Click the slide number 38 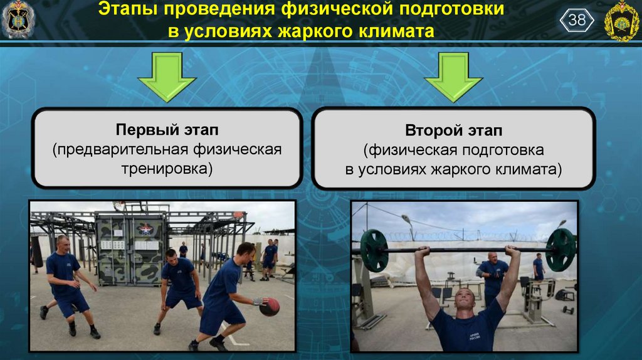click(577, 19)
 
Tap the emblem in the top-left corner click(18, 19)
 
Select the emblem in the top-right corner click(621, 21)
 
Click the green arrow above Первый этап click(167, 77)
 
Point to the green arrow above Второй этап click(453, 77)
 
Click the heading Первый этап click(167, 130)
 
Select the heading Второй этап click(453, 130)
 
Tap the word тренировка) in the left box click(167, 168)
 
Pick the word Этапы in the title click(128, 9)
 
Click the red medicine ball click(270, 307)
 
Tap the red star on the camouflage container click(145, 228)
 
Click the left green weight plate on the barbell click(374, 251)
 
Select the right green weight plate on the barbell click(561, 250)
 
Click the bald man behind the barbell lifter click(493, 275)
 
